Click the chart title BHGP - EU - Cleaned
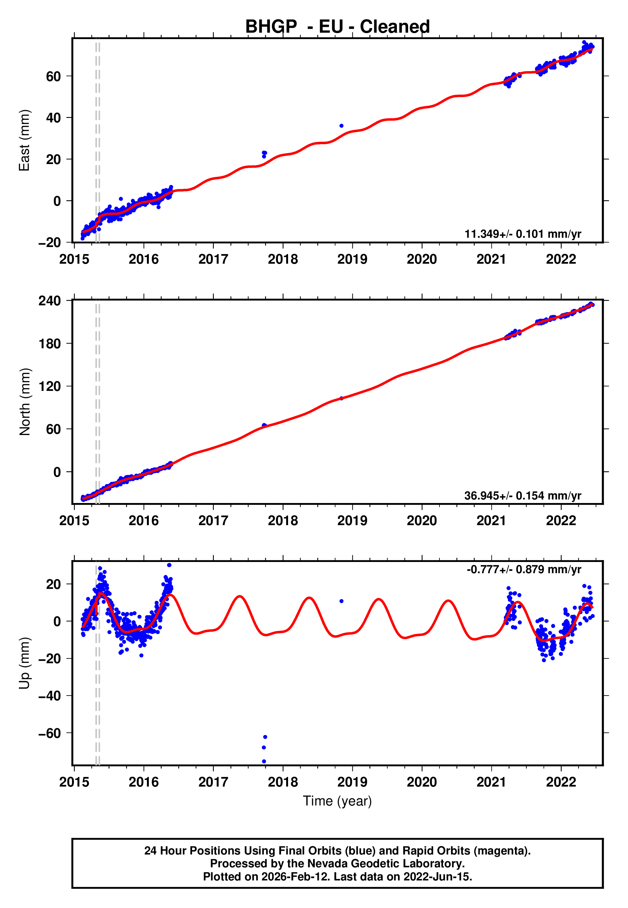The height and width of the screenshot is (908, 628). (337, 27)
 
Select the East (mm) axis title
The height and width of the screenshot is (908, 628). (24, 140)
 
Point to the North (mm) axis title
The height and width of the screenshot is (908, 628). (24, 402)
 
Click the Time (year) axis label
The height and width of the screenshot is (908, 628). (337, 801)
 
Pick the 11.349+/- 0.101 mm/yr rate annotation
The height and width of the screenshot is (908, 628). (523, 234)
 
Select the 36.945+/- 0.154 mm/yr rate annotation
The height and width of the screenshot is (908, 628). (523, 495)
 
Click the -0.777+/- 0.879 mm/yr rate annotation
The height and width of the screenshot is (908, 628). (524, 569)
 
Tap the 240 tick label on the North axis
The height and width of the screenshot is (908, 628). (50, 301)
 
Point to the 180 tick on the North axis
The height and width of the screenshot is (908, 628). (50, 344)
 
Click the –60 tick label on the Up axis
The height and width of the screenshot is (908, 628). (50, 733)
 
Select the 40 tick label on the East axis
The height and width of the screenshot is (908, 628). (53, 118)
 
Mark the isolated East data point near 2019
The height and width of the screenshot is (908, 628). (342, 126)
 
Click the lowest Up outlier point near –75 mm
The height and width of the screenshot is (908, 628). (264, 762)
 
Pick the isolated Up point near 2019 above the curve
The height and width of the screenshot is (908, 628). (342, 601)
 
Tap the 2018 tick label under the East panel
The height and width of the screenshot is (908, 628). (283, 259)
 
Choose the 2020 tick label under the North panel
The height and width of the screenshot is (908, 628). (422, 521)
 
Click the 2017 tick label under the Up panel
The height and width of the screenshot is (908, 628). (213, 782)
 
